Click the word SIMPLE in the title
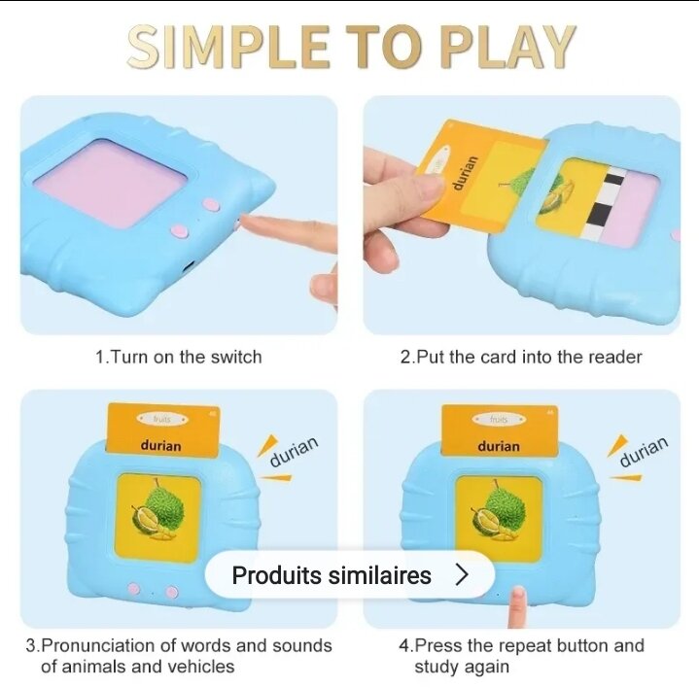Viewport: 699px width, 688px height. coord(228,47)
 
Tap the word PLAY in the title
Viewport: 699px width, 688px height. coord(507,47)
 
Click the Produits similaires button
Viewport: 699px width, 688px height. coord(350,575)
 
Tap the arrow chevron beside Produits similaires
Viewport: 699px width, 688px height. coord(463,575)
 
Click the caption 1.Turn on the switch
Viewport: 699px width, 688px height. coord(179,357)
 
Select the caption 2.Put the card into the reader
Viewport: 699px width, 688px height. coord(521,357)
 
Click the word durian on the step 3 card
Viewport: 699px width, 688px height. coord(161,446)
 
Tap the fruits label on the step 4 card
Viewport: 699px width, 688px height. coord(499,419)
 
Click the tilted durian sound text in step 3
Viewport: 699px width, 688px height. coord(295,451)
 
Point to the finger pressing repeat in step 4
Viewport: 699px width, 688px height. coord(517,607)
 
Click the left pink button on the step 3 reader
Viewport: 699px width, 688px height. coord(134,589)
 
